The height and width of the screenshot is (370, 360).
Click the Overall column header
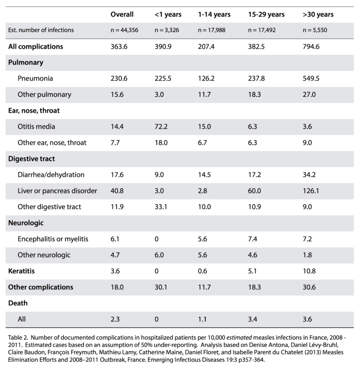coord(122,14)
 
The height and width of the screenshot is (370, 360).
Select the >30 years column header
coord(318,15)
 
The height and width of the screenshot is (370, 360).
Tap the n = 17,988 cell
coord(211,30)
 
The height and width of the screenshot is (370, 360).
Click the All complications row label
coord(36,47)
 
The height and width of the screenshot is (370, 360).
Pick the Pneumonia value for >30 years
coord(311,78)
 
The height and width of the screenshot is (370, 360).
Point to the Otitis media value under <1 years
coord(161,126)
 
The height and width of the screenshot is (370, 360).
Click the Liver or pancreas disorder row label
coord(57,191)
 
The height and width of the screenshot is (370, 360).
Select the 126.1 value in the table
coord(311,191)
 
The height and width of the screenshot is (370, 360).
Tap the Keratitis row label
coord(22,271)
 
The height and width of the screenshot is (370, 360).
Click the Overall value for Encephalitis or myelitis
coord(115,239)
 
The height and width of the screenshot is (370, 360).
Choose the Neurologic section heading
coord(26,223)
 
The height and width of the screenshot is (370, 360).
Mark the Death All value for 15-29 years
coord(252,319)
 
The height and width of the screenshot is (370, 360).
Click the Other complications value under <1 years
coord(161,287)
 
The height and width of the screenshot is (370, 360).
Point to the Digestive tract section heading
coord(31,159)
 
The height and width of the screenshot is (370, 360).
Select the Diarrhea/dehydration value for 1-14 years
coord(204,174)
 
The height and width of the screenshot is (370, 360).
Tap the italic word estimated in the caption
coord(239,338)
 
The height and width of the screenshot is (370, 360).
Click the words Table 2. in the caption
coord(18,338)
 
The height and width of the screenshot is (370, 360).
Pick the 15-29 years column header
coord(266,15)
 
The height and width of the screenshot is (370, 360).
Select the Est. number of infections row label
coord(41,30)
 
